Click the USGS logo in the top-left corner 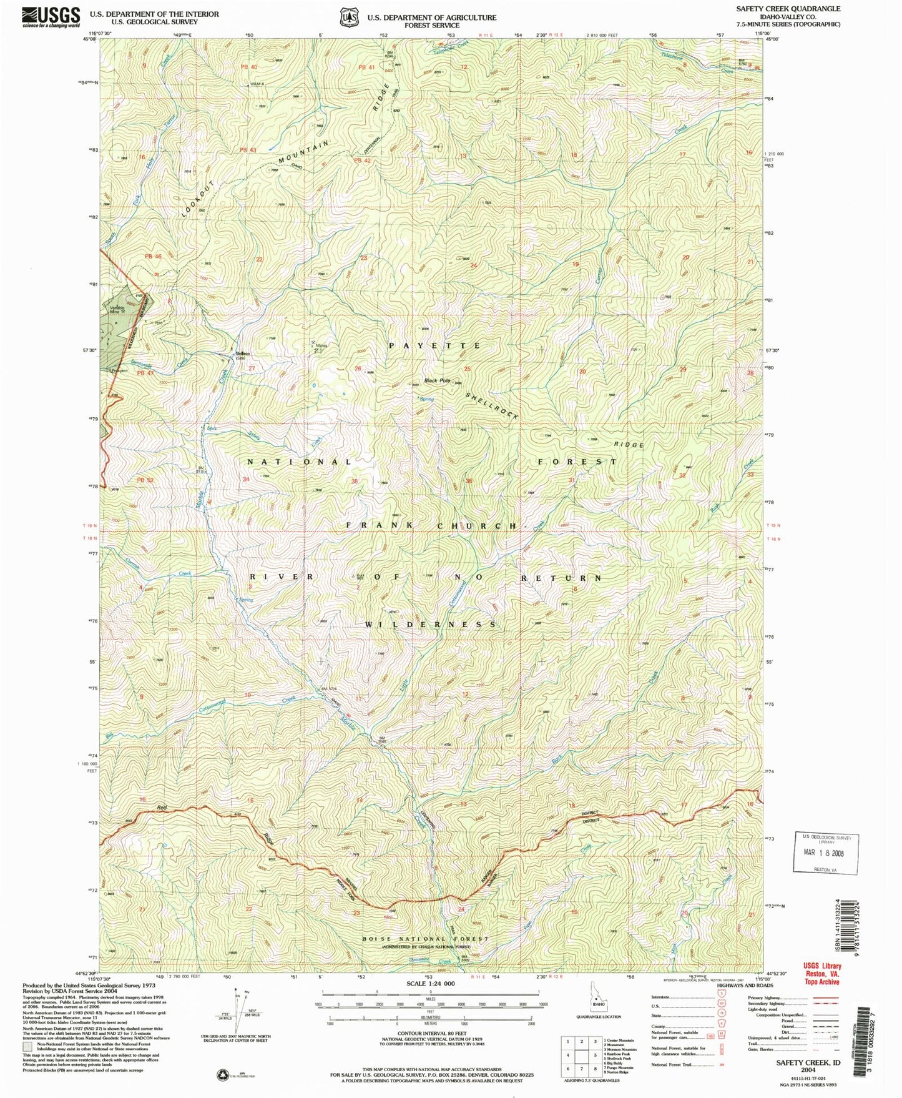point(51,17)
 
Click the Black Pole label point(437,380)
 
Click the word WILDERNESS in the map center point(431,624)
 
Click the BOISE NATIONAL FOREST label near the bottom point(426,939)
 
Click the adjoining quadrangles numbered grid point(582,1056)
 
